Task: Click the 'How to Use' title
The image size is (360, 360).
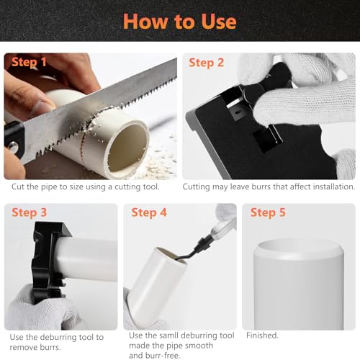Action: (180, 22)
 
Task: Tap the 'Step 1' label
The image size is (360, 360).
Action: (29, 62)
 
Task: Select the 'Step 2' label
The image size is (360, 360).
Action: (206, 63)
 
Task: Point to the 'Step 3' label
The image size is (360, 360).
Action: (29, 212)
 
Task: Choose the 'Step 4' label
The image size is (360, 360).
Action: (149, 212)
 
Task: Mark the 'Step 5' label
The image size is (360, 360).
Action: (268, 212)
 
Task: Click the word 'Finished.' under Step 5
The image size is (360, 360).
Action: (262, 336)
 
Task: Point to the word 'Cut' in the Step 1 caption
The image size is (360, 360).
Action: (18, 186)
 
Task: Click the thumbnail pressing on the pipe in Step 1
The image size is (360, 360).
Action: (42, 106)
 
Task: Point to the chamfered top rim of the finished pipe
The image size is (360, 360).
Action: (299, 251)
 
